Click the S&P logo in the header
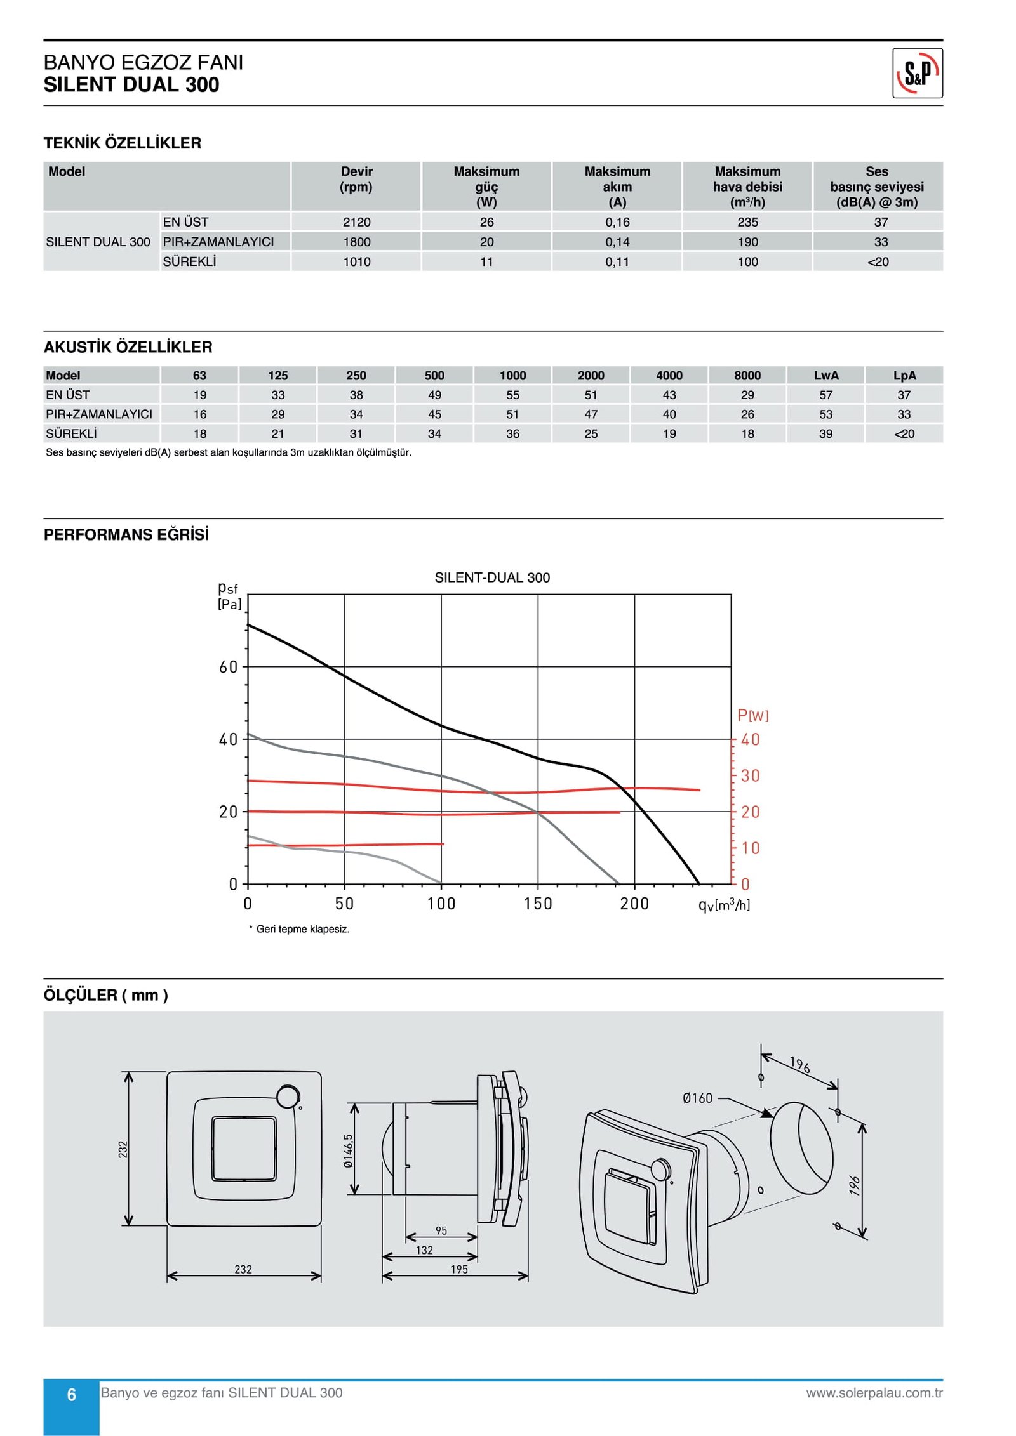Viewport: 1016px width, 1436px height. pos(917,73)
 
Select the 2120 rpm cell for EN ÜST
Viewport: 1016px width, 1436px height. pos(356,222)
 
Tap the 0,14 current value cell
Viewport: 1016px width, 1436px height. pos(617,242)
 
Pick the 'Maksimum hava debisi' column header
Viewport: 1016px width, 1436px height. pos(747,187)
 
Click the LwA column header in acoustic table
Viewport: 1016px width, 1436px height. pos(825,375)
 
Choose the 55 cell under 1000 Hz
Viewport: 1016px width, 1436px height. pos(512,395)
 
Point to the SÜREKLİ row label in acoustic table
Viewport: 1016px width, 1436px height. pos(71,434)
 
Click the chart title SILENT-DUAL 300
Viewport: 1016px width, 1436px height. pos(492,577)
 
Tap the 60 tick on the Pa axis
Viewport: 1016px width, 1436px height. pos(228,667)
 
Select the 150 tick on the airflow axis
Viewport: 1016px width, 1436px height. pos(538,904)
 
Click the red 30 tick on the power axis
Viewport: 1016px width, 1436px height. pos(750,775)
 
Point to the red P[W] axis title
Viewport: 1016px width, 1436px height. pos(752,716)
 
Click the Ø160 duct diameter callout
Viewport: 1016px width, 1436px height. pos(697,1098)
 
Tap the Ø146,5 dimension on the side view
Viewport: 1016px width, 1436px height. pos(348,1151)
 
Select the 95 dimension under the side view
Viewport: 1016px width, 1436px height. pos(441,1230)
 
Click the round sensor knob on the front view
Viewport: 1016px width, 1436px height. pos(288,1096)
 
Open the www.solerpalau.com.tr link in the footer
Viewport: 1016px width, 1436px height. pos(874,1393)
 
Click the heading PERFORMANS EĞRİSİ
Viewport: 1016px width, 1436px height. pos(126,534)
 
